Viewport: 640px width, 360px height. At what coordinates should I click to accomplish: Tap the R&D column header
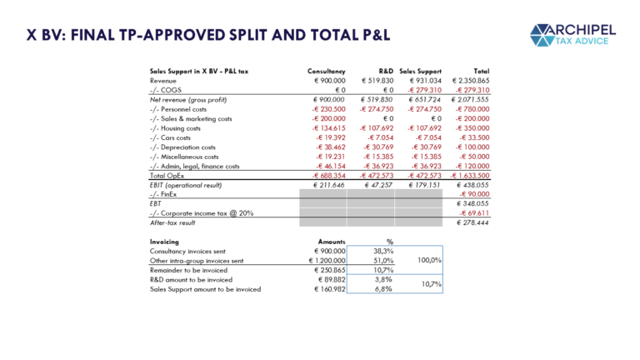(x=384, y=72)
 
